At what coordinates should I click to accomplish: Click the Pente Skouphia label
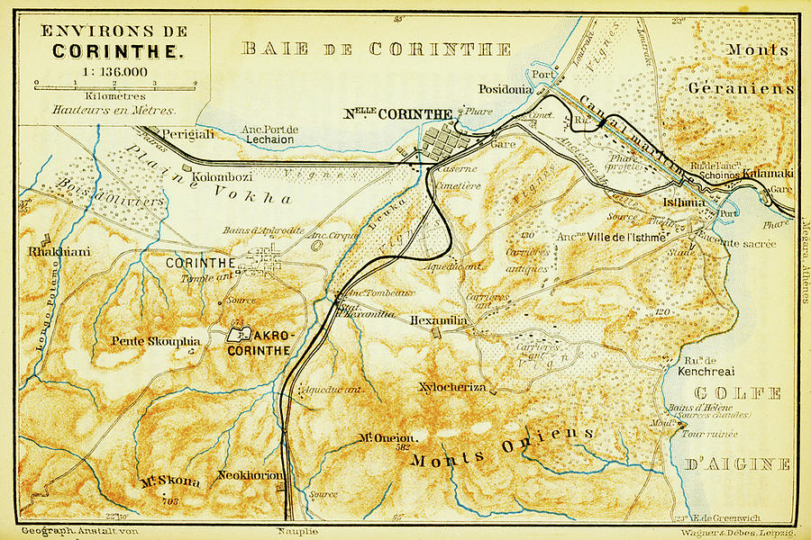[155, 341]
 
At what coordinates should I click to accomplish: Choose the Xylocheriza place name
[452, 387]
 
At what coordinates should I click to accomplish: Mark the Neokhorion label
[250, 475]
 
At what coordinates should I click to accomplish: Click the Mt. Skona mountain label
[169, 481]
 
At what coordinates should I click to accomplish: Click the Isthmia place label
[677, 203]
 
